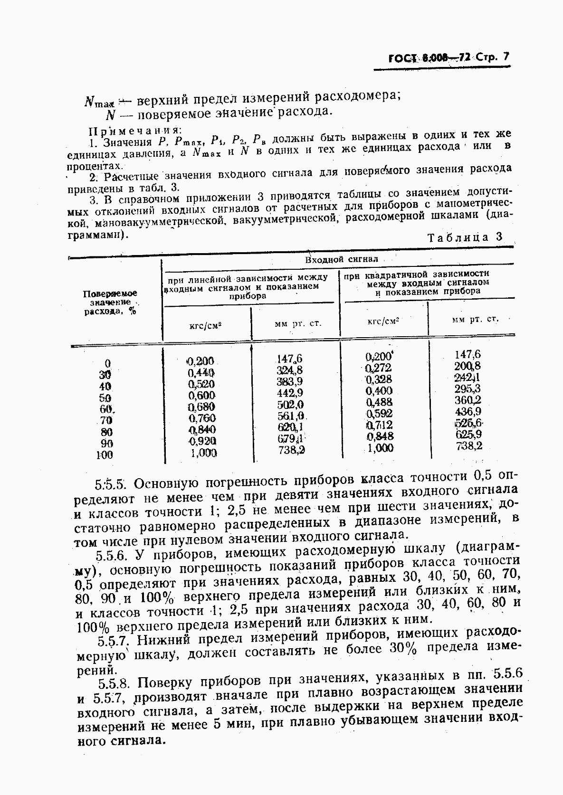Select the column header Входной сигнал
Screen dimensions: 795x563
point(342,259)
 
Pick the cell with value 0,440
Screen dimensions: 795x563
point(201,373)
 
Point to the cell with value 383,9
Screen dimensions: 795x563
point(289,382)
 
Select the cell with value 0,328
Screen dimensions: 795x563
point(379,379)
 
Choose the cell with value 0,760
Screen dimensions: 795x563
point(202,418)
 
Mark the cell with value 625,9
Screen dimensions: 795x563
point(468,434)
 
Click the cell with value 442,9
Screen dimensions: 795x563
point(290,393)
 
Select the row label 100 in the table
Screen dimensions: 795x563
point(105,455)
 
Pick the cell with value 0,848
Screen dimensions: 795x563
point(380,436)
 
